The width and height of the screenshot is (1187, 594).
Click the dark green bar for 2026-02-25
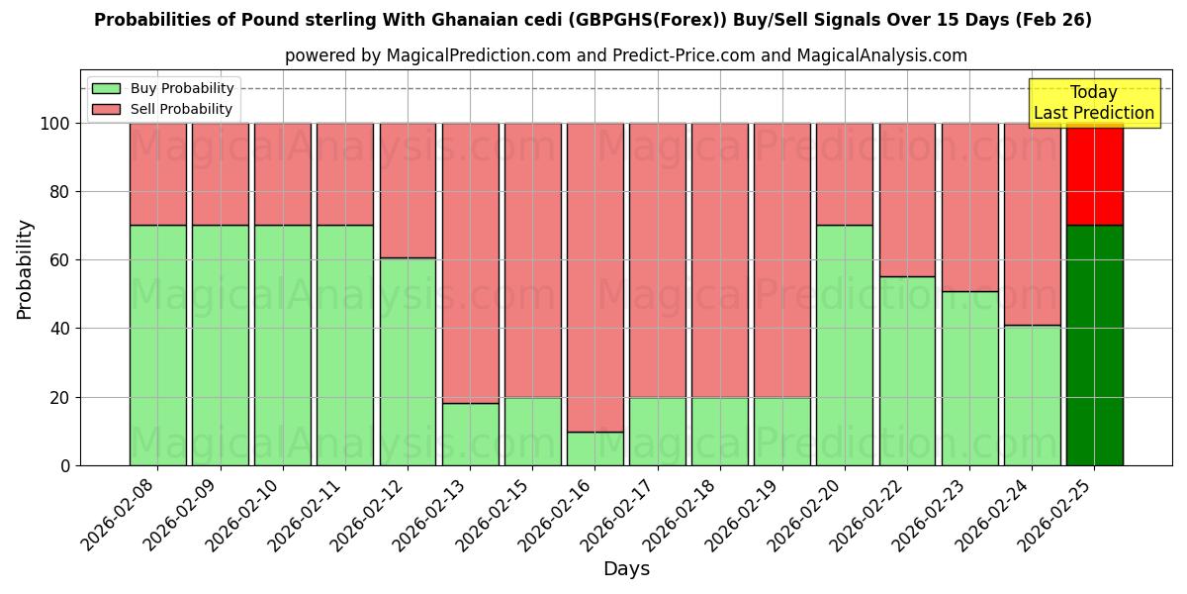(1094, 346)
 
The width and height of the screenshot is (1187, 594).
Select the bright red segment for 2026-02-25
(1094, 174)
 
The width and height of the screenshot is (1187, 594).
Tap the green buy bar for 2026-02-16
(594, 448)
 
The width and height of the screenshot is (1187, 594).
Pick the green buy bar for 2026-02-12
(408, 361)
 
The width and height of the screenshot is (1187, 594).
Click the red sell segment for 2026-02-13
(470, 263)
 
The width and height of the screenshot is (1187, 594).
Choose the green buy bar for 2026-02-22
(907, 370)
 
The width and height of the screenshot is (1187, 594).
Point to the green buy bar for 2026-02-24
(1032, 395)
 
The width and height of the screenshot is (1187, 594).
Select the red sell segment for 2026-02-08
(157, 174)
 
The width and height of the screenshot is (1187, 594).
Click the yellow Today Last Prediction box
(1094, 103)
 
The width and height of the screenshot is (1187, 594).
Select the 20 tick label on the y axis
(59, 398)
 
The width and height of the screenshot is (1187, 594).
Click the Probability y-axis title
(25, 269)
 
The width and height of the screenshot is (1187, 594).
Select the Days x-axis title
(626, 569)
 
